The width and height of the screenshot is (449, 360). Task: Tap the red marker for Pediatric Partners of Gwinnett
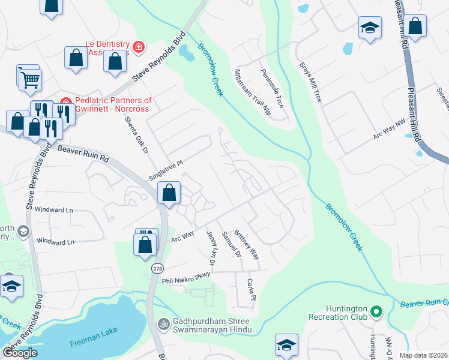point(66,103)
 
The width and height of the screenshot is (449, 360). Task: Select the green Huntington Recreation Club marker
point(376,311)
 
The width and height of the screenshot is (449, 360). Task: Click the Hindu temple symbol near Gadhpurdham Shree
point(161,323)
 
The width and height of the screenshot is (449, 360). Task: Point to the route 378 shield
point(157,267)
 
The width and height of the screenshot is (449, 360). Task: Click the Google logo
point(20,353)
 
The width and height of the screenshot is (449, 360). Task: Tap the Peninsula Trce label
point(271,88)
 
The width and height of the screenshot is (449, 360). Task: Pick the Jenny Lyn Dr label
point(211,248)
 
